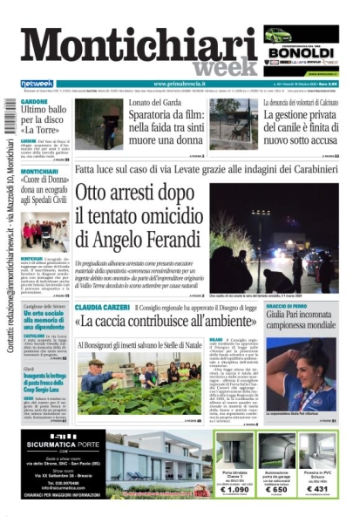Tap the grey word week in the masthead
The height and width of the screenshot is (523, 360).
[x=226, y=67]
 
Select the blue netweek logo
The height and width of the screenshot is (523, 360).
[x=37, y=84]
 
